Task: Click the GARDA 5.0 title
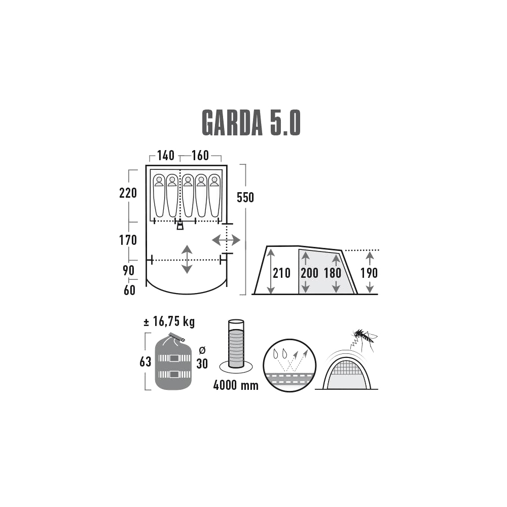(251, 123)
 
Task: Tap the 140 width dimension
(166, 156)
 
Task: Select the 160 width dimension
(200, 156)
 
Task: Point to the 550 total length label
(245, 198)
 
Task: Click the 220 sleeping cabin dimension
(128, 193)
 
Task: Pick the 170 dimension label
(128, 240)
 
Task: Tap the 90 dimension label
(129, 270)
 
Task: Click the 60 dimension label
(130, 291)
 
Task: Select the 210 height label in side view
(281, 273)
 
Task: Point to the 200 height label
(309, 273)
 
